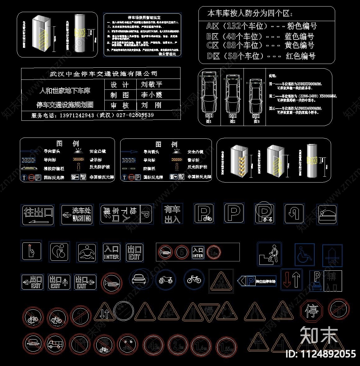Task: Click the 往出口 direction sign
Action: (38, 215)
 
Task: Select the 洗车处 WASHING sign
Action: (77, 215)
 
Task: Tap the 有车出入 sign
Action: (172, 214)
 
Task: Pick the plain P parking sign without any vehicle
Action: (234, 213)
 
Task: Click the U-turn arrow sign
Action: (294, 214)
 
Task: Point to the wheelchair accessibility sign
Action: (304, 255)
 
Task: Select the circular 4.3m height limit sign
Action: (153, 345)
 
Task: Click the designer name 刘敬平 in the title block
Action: (152, 84)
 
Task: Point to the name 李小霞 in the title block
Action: (152, 95)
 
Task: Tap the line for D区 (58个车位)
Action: (261, 56)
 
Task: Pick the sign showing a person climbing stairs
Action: (270, 254)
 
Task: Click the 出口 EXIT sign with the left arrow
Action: (32, 282)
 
